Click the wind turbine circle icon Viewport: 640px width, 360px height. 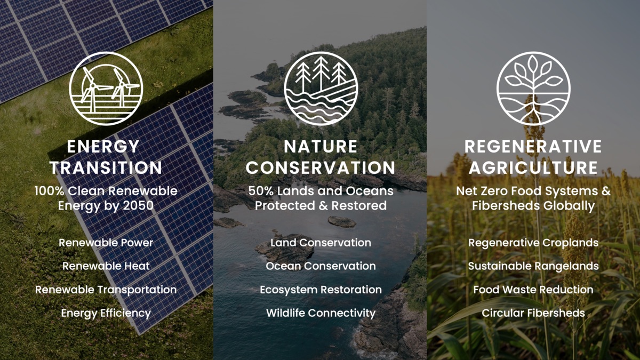click(106, 89)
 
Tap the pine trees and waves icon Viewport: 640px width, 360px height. click(320, 89)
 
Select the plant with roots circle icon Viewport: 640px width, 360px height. click(533, 89)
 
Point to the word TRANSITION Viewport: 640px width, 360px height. click(106, 168)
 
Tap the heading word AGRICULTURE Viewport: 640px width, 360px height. click(533, 168)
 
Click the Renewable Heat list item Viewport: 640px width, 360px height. click(106, 266)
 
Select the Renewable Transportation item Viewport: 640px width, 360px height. click(106, 290)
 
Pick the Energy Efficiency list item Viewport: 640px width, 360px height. click(106, 313)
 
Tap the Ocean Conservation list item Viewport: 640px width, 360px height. click(321, 266)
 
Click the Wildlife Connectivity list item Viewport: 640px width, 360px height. click(321, 313)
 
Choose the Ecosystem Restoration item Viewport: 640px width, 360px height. click(321, 290)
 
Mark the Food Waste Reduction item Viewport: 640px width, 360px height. click(533, 290)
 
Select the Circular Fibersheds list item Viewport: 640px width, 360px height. click(533, 313)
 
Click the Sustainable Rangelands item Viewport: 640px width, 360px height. click(533, 266)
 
